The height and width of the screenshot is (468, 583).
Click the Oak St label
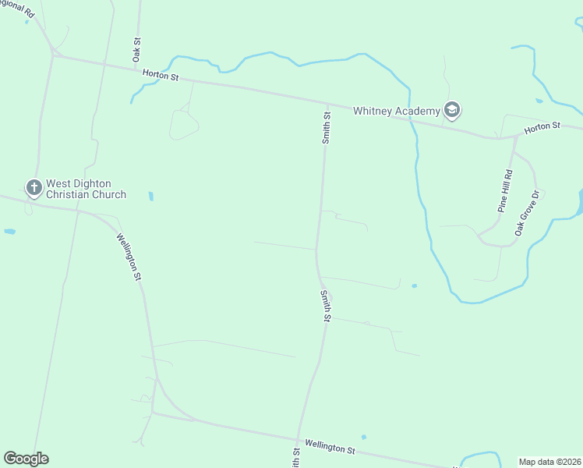(136, 50)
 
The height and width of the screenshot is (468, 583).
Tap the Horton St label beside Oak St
(161, 76)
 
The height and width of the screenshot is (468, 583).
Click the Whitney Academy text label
(397, 111)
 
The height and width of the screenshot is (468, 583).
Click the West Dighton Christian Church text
(86, 190)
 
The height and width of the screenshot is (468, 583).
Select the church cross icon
(34, 187)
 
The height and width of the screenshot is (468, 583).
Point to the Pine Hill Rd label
(506, 191)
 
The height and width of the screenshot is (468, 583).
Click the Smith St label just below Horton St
(327, 127)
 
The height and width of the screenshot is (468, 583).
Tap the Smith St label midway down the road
(326, 306)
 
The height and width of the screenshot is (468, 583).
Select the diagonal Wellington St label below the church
(129, 257)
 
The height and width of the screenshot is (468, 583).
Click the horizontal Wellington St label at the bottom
(330, 447)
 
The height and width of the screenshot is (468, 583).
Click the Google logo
(26, 459)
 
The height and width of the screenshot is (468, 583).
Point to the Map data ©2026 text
(550, 462)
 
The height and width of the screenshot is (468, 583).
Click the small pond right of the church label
(150, 196)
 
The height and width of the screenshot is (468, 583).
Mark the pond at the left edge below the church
(9, 232)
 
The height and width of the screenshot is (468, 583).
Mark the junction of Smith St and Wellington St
(297, 438)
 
